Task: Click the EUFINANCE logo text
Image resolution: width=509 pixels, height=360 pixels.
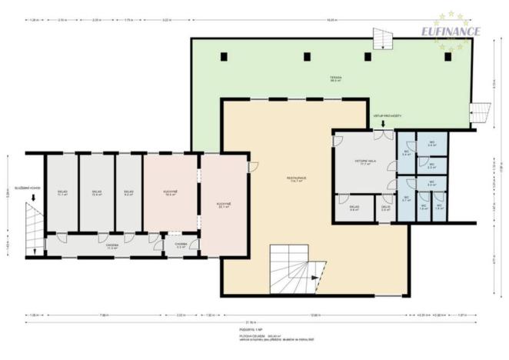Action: [x=451, y=32]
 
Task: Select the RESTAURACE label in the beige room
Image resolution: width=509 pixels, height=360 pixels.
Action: [x=298, y=178]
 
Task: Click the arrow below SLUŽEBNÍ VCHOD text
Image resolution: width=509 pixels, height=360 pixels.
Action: [x=32, y=197]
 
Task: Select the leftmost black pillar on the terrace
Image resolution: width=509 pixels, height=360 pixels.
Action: [x=223, y=56]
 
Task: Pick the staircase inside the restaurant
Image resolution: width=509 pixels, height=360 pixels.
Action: [x=292, y=269]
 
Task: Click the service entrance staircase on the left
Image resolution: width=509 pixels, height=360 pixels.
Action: [x=33, y=228]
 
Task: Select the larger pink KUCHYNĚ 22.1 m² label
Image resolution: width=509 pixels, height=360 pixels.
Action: [x=225, y=205]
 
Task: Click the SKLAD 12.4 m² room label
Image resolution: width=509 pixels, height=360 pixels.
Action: [x=97, y=192]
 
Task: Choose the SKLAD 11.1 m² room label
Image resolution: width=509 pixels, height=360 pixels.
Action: [x=62, y=192]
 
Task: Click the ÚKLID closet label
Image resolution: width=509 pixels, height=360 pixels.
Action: [x=386, y=207]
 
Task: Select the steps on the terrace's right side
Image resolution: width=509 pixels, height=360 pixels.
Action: [x=480, y=112]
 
